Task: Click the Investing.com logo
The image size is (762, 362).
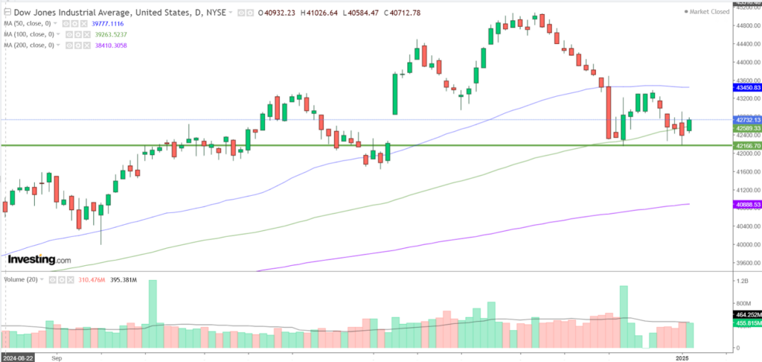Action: (39, 259)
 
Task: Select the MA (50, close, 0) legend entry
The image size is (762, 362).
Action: (31, 23)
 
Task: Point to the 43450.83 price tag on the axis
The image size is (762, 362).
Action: (747, 88)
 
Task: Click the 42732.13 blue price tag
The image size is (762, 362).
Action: (747, 120)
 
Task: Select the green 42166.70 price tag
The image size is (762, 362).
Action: (747, 146)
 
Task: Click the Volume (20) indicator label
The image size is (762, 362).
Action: (21, 279)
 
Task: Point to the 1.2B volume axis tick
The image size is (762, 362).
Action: (741, 282)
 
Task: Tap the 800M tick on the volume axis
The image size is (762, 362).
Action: (743, 304)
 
